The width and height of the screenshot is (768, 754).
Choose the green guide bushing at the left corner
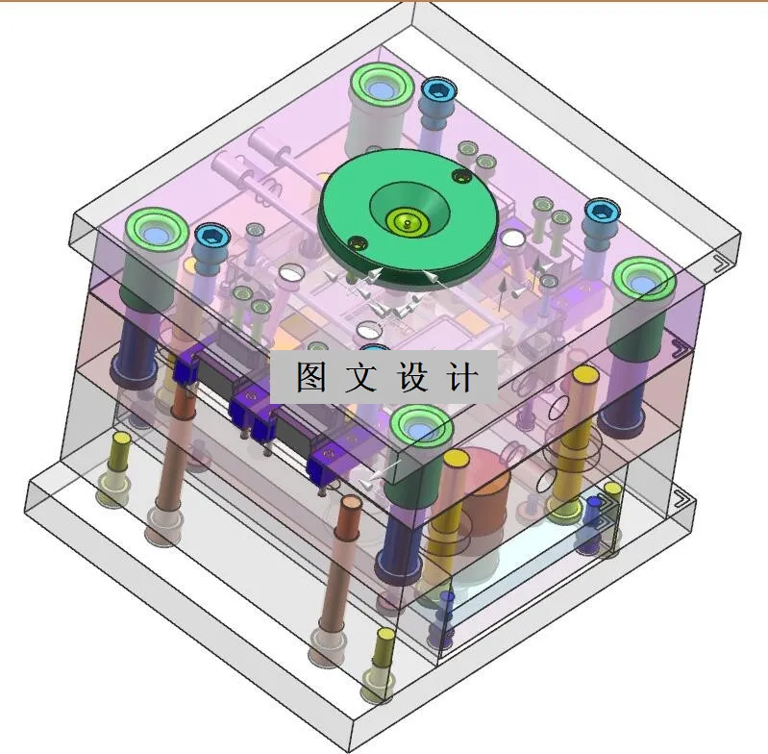(154, 231)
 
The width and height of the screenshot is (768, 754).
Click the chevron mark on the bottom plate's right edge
(681, 499)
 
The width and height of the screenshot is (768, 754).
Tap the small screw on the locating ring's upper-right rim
(461, 176)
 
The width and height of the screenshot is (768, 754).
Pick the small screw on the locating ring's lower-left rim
(356, 242)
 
